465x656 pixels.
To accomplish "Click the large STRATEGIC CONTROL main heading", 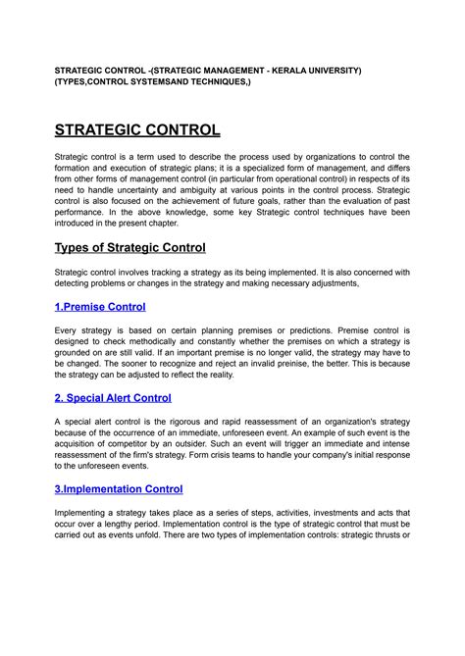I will coord(136,129).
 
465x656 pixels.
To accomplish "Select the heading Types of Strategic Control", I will coord(129,246).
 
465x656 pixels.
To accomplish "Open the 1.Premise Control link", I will coord(100,307).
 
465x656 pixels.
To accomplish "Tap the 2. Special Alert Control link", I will coord(113,398).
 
